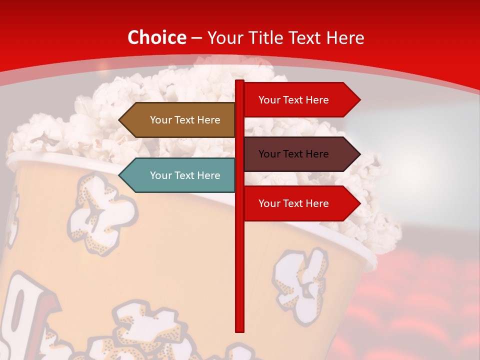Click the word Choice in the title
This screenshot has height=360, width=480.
[x=156, y=37]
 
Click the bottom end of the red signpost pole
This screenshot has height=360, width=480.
[x=240, y=330]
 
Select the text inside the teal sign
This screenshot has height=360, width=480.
[x=185, y=175]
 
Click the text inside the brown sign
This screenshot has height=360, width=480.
[x=185, y=120]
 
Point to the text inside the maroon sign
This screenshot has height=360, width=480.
[x=293, y=154]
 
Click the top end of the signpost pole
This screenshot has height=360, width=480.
[x=240, y=82]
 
